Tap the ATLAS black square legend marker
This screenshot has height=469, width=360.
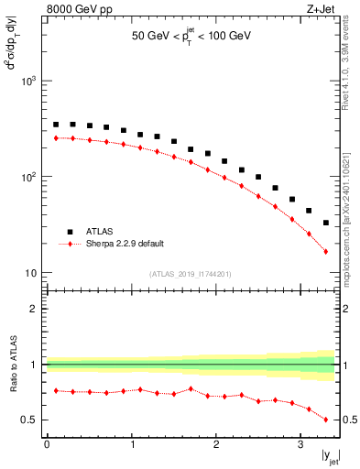68,232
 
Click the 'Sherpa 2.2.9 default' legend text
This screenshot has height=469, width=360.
125,244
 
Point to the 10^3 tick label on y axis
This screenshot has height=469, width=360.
29,82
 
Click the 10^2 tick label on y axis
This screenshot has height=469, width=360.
29,177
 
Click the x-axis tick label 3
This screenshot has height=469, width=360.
300,444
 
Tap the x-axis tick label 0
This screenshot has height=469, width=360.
47,444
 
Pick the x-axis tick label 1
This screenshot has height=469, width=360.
131,444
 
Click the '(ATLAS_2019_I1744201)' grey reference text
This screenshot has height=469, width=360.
191,273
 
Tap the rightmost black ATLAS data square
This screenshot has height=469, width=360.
326,223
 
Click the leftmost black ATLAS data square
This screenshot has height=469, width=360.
56,125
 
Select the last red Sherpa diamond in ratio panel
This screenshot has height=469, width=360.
326,420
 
